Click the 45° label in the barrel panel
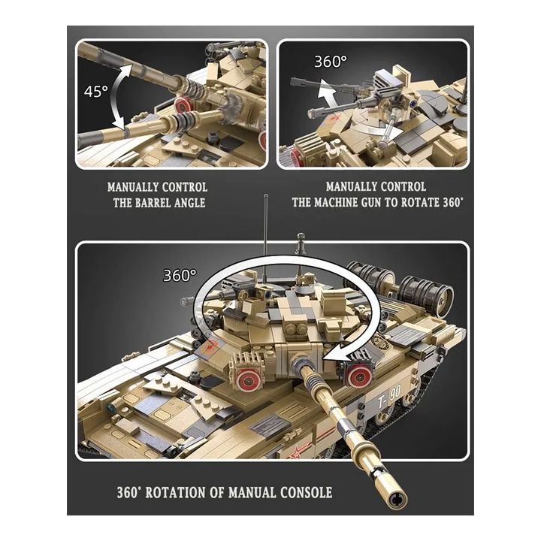95,92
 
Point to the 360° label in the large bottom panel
180,276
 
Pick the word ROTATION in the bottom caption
186,493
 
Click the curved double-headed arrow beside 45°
120,94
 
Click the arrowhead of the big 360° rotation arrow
336,352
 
